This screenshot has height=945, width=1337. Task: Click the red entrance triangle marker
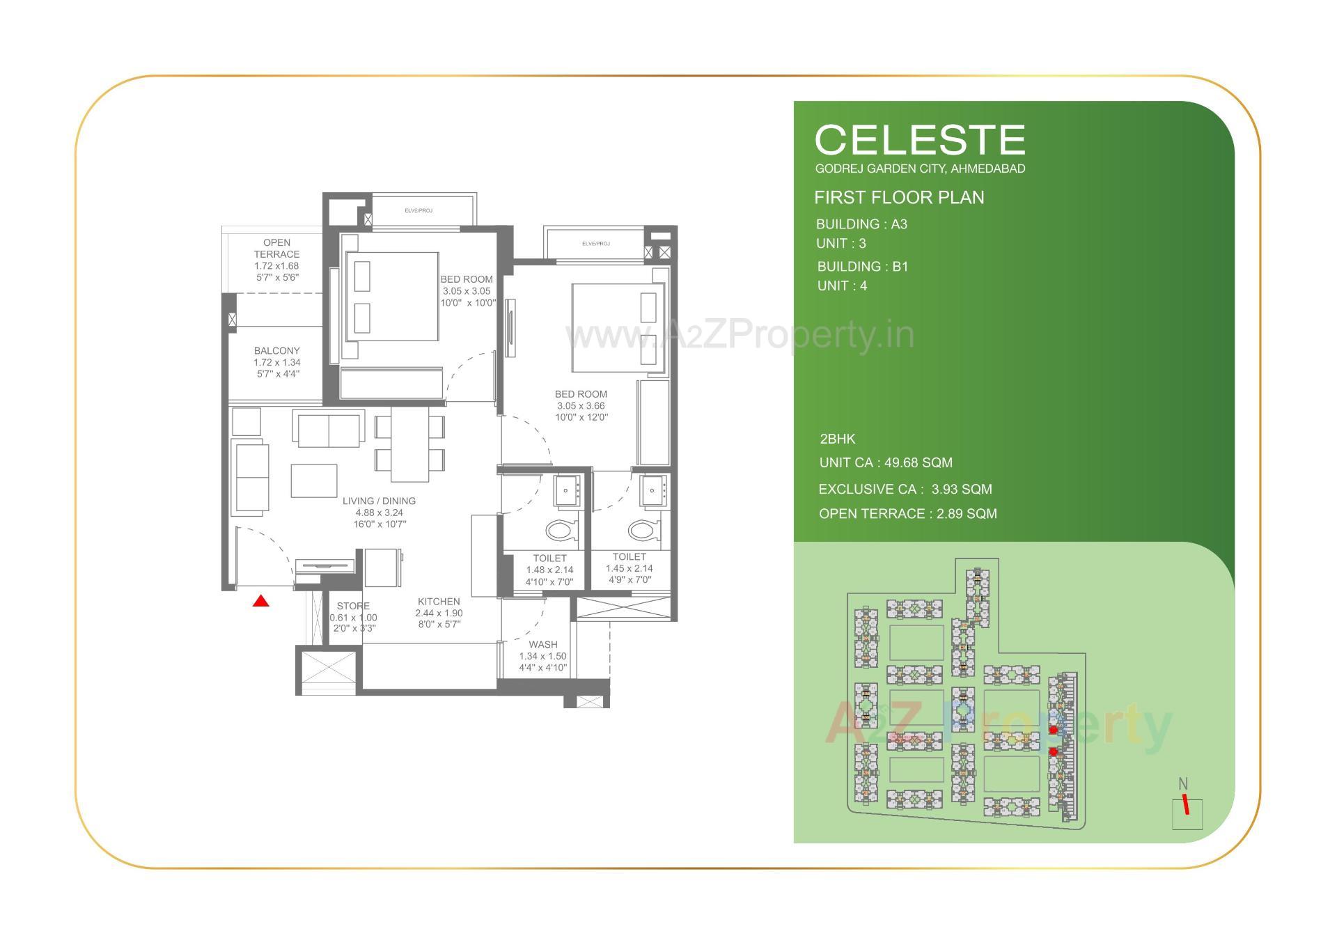click(260, 600)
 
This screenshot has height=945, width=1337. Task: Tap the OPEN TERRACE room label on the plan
click(276, 249)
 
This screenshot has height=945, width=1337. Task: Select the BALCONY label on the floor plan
click(276, 351)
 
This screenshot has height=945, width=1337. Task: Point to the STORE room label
click(353, 606)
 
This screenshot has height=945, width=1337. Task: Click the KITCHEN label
click(439, 602)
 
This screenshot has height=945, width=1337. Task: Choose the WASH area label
click(542, 645)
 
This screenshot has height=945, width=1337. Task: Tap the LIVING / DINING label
click(379, 501)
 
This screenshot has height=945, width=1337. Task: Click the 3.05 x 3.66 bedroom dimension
click(581, 406)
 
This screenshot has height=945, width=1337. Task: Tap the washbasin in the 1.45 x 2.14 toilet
click(653, 490)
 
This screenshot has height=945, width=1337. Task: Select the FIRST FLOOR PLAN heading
click(899, 198)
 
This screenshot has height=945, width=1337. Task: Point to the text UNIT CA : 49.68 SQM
click(886, 463)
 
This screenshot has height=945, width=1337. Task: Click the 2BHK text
click(837, 439)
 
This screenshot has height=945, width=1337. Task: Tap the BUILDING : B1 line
click(863, 267)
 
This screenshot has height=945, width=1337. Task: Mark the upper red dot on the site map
click(1053, 730)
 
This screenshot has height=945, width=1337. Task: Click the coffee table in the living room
click(314, 481)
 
